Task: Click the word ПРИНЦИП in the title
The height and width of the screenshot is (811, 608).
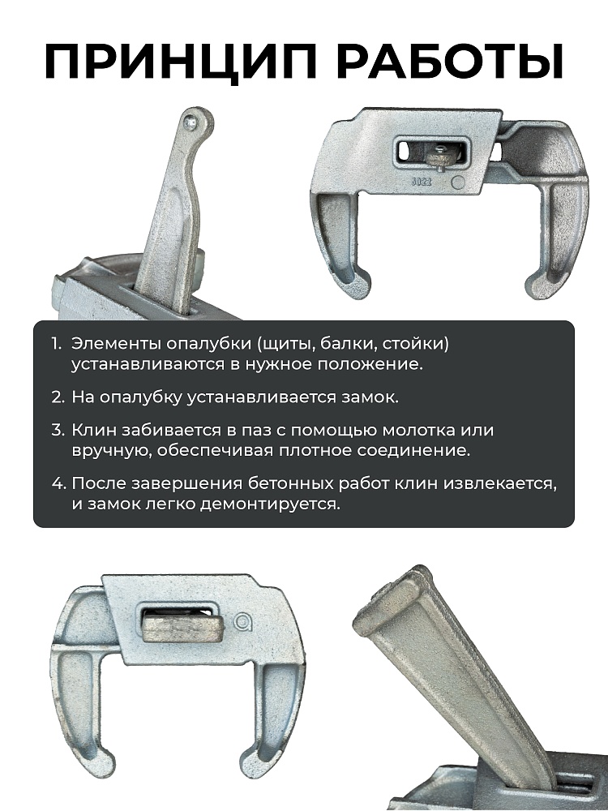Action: pos(170,62)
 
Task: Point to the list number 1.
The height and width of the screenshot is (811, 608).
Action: pos(56,344)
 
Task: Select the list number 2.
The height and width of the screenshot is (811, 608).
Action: pos(57,397)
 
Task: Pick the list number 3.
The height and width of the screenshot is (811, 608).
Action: pos(57,430)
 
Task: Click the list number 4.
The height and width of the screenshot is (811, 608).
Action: pos(57,483)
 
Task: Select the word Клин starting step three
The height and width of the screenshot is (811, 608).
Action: pos(92,430)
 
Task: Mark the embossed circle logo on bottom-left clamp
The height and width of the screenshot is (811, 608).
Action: pos(243,622)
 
